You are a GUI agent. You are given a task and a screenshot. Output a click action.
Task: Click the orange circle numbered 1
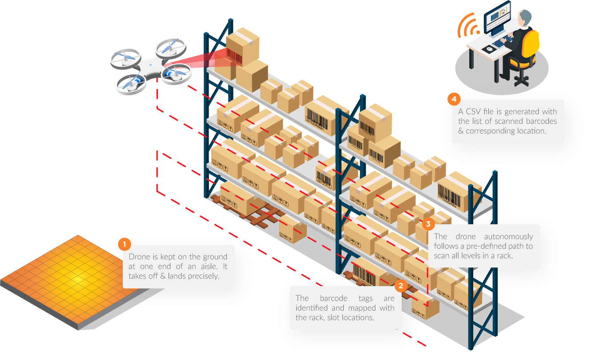(125, 244)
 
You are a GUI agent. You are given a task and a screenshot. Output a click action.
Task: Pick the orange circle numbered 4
(454, 99)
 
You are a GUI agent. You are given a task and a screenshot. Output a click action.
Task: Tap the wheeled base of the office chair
(521, 80)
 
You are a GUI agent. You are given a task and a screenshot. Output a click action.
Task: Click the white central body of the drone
(149, 67)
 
